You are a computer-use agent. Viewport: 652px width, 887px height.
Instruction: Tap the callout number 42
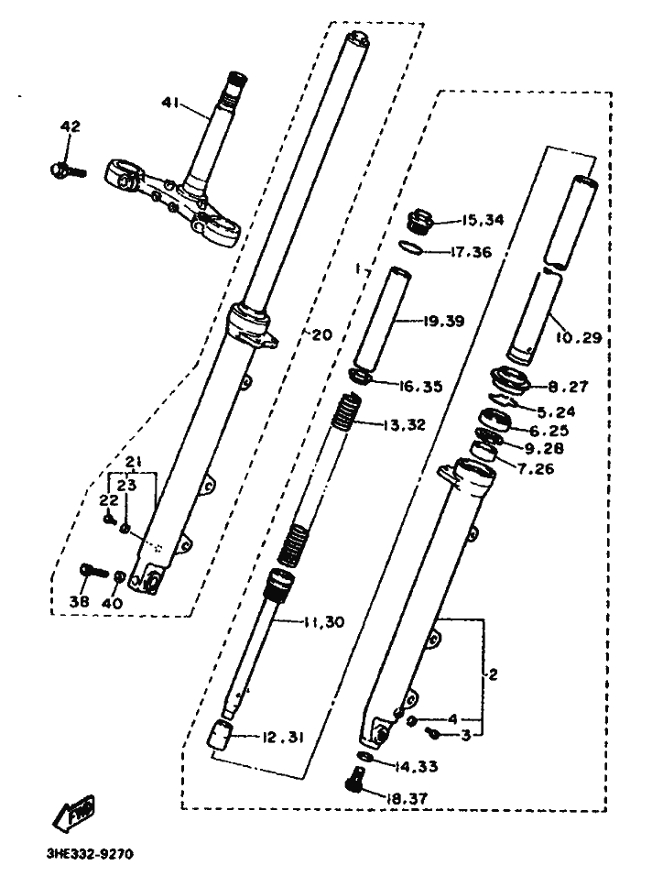(x=71, y=126)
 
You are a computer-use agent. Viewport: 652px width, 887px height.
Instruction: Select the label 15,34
(x=483, y=220)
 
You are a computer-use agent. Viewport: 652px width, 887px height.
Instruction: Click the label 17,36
(x=471, y=252)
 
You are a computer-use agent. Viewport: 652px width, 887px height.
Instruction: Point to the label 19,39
(x=444, y=322)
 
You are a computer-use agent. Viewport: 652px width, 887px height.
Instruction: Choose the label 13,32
(x=405, y=424)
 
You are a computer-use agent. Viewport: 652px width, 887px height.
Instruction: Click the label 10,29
(x=579, y=338)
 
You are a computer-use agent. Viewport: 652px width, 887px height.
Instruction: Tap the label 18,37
(x=407, y=798)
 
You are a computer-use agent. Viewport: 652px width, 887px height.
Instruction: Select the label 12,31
(x=283, y=738)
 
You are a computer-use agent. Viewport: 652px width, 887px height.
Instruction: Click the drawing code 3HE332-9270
(x=91, y=854)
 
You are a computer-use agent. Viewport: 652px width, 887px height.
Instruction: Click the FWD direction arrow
(x=73, y=814)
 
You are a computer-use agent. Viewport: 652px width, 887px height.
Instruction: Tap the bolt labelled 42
(x=68, y=170)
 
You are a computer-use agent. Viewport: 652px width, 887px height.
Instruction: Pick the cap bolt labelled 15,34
(x=420, y=221)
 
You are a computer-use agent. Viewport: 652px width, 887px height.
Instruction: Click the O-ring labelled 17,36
(x=410, y=246)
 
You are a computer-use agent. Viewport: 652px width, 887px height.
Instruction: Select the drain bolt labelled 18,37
(x=353, y=779)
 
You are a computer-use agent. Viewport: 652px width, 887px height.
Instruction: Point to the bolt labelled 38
(x=94, y=570)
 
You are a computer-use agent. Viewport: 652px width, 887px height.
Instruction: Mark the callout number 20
(x=321, y=334)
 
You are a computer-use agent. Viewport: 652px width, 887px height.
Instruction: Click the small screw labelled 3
(x=435, y=733)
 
